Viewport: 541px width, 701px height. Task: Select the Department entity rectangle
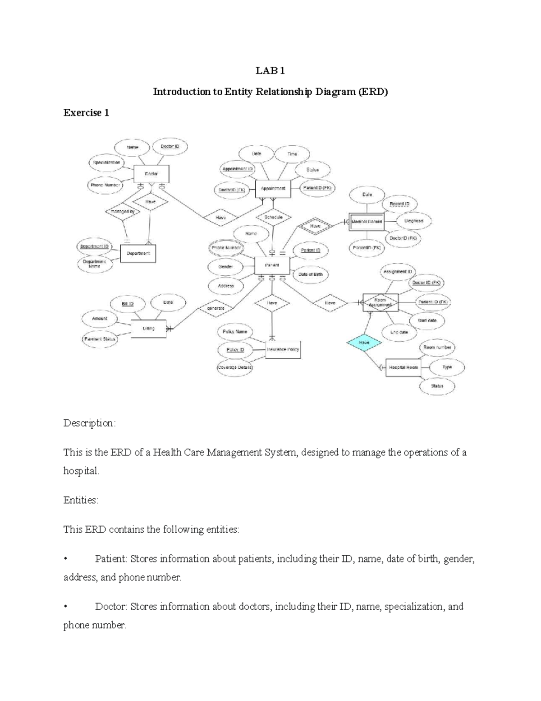click(x=138, y=253)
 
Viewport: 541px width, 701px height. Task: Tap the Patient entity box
click(x=272, y=265)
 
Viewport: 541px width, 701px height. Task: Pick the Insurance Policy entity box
click(x=283, y=349)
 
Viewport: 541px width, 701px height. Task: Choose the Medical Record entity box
click(x=367, y=222)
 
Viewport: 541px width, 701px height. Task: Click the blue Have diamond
click(x=364, y=343)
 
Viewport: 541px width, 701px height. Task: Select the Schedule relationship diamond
click(x=274, y=217)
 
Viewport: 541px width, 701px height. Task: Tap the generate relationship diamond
click(x=215, y=308)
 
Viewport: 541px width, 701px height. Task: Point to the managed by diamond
click(x=120, y=211)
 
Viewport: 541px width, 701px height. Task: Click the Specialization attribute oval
click(x=107, y=162)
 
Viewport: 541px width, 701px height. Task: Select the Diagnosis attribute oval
click(x=413, y=221)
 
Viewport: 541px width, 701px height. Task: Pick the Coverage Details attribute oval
click(x=235, y=367)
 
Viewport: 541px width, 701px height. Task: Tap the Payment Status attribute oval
click(x=100, y=339)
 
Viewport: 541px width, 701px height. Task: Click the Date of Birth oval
click(x=311, y=274)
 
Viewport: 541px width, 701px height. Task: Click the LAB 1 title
click(x=270, y=71)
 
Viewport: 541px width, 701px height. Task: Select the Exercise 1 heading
click(x=86, y=113)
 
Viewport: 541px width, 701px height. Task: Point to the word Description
click(x=89, y=423)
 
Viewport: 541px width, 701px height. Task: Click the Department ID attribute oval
click(x=94, y=246)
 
